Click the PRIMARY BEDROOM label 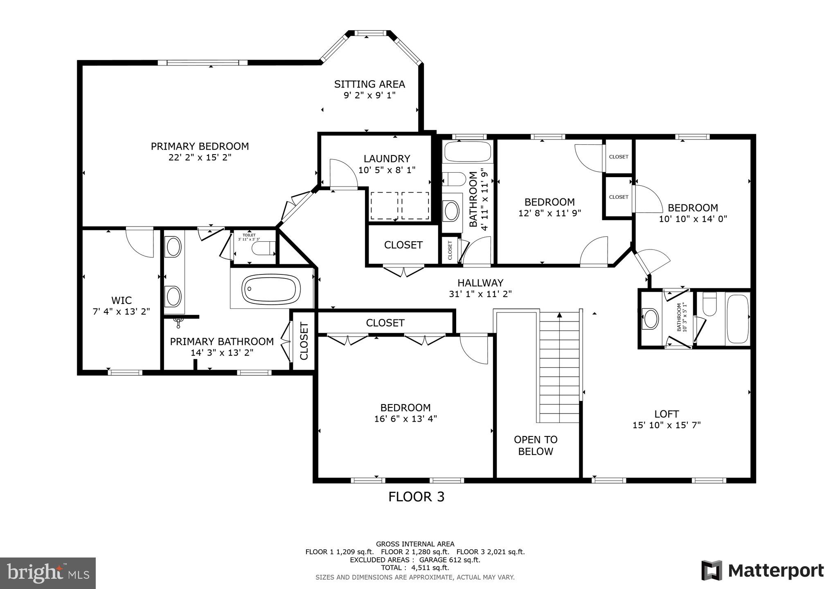click(200, 146)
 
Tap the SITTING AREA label click(369, 84)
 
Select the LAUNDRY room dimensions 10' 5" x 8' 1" click(387, 170)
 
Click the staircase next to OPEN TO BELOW click(559, 366)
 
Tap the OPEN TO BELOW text click(535, 445)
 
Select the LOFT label click(666, 414)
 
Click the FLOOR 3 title click(416, 497)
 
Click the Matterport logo click(762, 570)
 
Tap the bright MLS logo click(48, 573)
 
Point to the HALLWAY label click(480, 283)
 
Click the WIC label click(122, 300)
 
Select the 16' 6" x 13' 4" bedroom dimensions click(405, 419)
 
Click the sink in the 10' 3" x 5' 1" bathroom click(650, 319)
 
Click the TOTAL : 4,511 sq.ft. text click(415, 568)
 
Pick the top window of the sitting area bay click(370, 33)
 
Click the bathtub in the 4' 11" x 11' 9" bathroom click(467, 152)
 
